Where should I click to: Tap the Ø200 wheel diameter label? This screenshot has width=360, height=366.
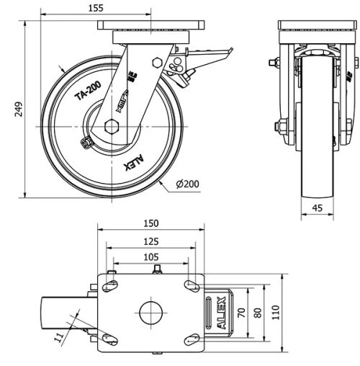[188, 184]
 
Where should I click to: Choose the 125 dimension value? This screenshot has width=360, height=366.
[150, 241]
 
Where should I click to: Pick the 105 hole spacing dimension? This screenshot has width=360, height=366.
[150, 257]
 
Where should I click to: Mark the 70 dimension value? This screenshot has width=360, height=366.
[243, 313]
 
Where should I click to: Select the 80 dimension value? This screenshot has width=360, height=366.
[258, 313]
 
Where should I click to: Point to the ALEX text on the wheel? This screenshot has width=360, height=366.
[135, 159]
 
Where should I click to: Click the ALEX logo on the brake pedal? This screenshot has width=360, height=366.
[217, 313]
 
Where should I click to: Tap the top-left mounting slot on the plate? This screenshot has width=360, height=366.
[110, 285]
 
